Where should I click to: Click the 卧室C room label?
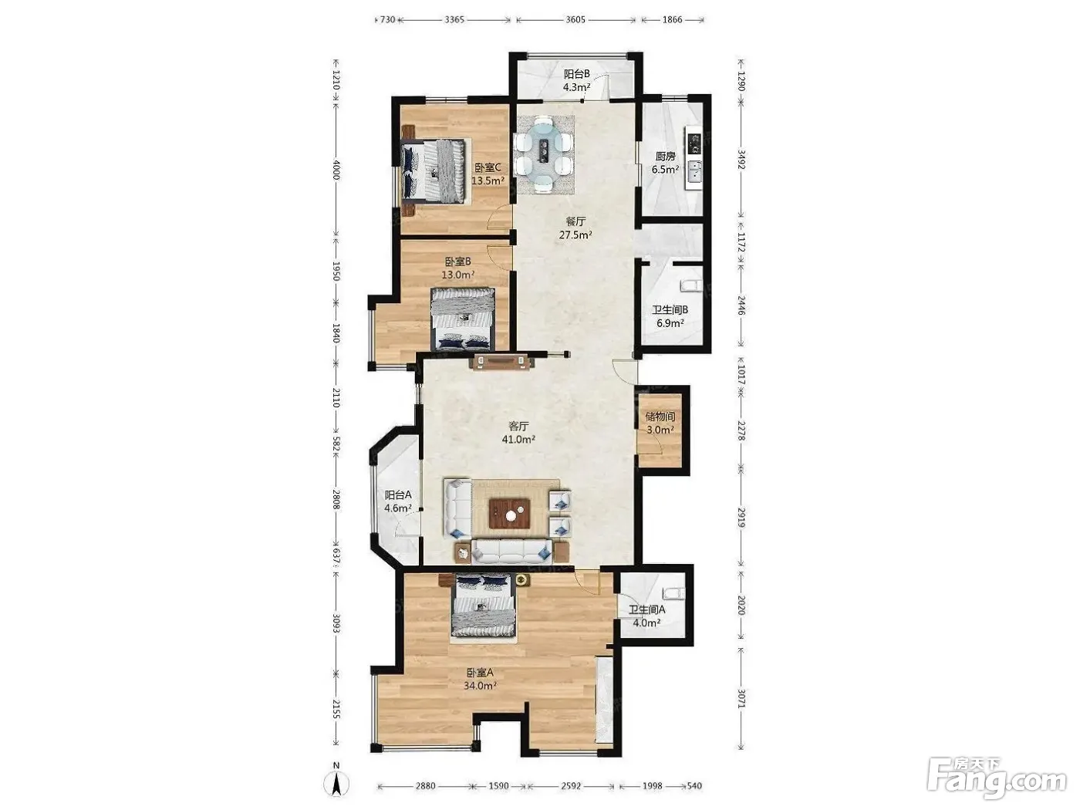(x=488, y=167)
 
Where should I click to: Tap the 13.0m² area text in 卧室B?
(x=457, y=275)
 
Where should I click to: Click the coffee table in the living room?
(x=510, y=514)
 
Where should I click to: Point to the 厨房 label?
(x=665, y=157)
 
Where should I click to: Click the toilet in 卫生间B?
(x=690, y=285)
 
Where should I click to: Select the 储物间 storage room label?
(x=660, y=417)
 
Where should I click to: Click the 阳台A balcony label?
(x=397, y=494)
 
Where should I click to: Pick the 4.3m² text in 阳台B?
(x=577, y=87)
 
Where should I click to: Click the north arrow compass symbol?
(x=336, y=782)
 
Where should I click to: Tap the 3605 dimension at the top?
(x=575, y=20)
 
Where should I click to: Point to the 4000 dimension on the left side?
(x=336, y=169)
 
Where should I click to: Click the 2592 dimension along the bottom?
(x=572, y=786)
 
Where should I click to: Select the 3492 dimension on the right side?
(x=742, y=159)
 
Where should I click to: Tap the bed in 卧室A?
(x=483, y=608)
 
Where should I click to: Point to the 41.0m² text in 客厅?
(x=518, y=439)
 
